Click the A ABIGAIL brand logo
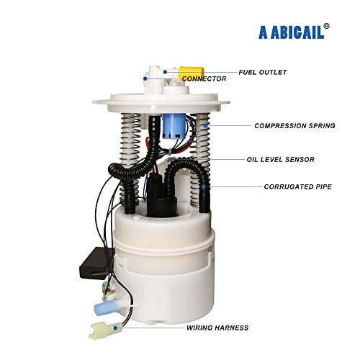(x=292, y=32)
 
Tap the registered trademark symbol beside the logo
(x=326, y=26)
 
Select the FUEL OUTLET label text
(x=263, y=72)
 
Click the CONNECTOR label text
(x=204, y=78)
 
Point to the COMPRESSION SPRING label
(x=294, y=126)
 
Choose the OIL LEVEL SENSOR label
(x=280, y=160)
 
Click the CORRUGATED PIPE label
(x=298, y=186)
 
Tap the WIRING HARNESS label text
(x=217, y=328)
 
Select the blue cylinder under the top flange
(x=174, y=126)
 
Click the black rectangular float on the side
(x=97, y=263)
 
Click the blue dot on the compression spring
(x=205, y=125)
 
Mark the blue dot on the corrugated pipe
(x=204, y=186)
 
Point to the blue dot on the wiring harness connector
(x=116, y=328)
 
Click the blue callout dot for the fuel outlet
(x=165, y=72)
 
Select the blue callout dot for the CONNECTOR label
(x=145, y=78)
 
